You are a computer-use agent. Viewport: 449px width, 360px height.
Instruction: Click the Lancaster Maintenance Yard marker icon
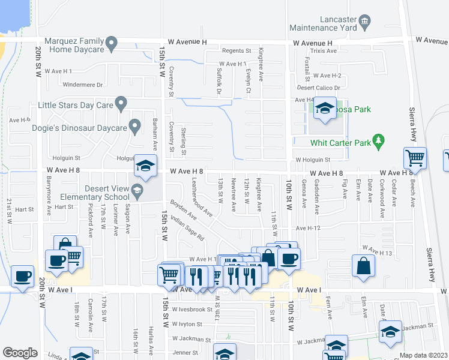tap(365, 23)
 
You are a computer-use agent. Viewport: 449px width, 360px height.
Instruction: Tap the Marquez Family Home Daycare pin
tap(111, 43)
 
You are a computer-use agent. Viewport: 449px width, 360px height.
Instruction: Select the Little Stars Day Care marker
tap(121, 104)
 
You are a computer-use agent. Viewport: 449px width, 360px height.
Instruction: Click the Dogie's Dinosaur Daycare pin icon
tap(135, 127)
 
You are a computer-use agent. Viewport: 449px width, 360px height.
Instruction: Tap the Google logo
tap(20, 353)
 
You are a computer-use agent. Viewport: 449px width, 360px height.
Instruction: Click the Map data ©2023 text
tap(424, 355)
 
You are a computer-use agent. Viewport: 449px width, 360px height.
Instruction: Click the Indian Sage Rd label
tap(187, 229)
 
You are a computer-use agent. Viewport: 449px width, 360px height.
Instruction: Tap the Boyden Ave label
tap(183, 210)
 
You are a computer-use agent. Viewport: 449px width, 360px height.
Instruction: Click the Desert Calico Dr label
tap(319, 88)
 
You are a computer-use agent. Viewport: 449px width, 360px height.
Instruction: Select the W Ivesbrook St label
tap(192, 310)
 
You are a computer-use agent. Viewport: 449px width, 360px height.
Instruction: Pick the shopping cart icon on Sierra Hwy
tap(415, 158)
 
